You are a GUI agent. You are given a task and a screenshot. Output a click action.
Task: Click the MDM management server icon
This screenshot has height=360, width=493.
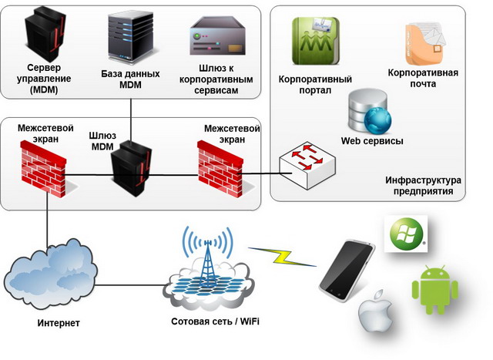(43, 35)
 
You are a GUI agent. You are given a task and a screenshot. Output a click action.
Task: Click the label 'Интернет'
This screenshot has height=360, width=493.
(59, 322)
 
